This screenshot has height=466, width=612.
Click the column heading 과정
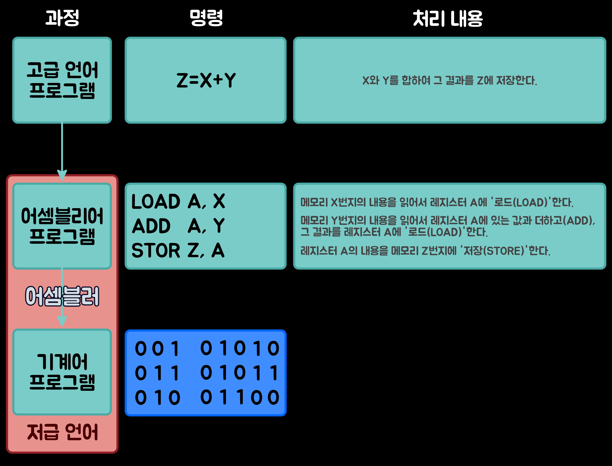62,18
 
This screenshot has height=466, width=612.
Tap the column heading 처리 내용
448,19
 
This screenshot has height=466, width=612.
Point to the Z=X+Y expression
206,81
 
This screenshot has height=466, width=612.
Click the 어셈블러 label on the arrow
62,296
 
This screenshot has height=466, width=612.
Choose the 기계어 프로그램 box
62,372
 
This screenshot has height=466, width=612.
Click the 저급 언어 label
62,432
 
